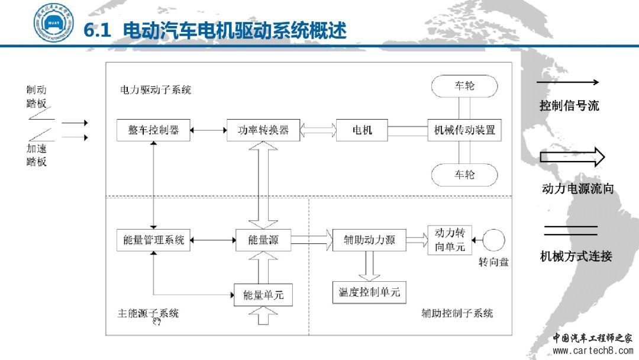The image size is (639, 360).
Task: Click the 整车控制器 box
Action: pos(154,130)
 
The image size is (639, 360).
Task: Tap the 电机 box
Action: pos(362,130)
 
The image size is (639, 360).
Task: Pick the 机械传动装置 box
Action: pos(464,130)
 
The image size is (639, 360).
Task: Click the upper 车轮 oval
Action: pos(464,86)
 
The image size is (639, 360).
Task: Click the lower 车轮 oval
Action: pos(464,175)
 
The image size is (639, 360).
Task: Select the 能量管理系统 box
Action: pos(154,240)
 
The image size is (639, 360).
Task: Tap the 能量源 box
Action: pos(263,240)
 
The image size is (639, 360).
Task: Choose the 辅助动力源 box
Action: pos(370,240)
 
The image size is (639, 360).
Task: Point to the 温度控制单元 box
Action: pos(369,292)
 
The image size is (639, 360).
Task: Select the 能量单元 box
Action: pos(263,294)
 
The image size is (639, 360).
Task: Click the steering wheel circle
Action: pos(495,240)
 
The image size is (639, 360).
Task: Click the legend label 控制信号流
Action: pos(569,106)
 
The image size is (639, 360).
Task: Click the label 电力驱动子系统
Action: pos(156,90)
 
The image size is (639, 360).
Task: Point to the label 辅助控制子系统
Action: pos(457,313)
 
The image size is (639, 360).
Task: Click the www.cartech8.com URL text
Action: pos(592,351)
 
